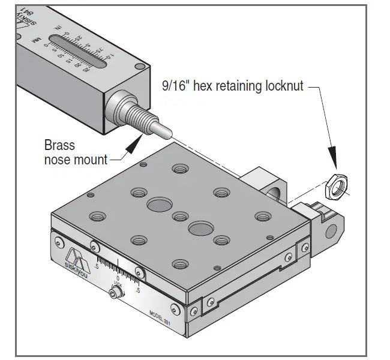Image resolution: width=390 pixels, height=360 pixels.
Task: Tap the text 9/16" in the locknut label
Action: coord(175,86)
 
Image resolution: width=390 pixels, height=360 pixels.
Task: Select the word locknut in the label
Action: coord(283,86)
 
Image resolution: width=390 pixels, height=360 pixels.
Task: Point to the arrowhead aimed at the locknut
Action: coord(334,169)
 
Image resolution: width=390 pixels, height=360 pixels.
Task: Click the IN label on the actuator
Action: coord(58,28)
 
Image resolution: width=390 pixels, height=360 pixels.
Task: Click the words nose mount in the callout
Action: coord(76,159)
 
